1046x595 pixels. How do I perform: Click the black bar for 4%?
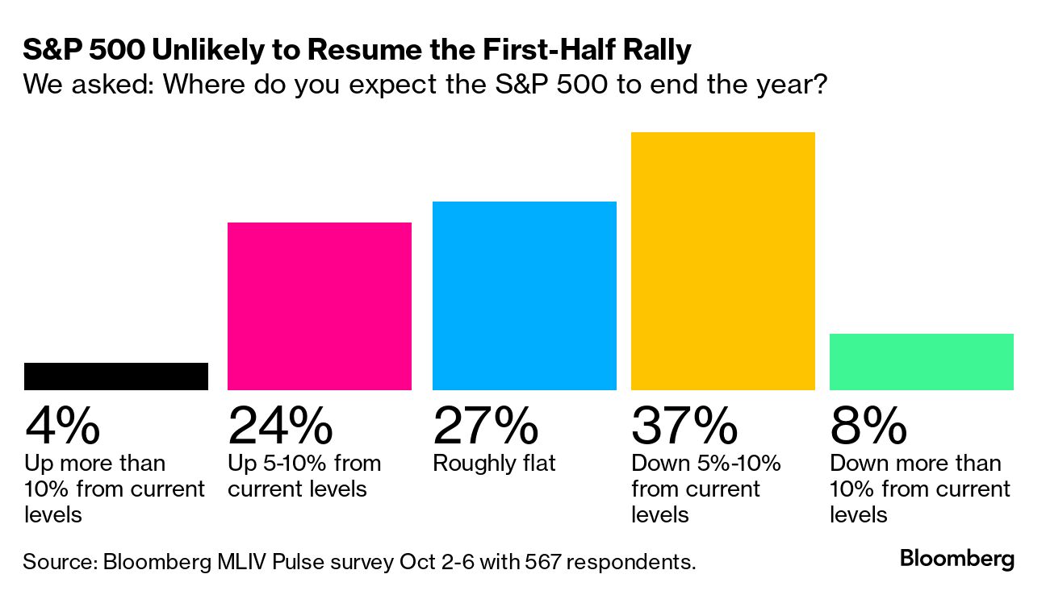pyautogui.click(x=116, y=377)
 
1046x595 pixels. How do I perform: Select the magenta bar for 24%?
pyautogui.click(x=320, y=306)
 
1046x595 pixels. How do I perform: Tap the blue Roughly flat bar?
pyautogui.click(x=525, y=296)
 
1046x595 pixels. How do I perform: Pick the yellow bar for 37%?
pyautogui.click(x=723, y=261)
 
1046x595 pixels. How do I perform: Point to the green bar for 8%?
pyautogui.click(x=922, y=362)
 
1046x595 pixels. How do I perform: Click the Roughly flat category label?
pyautogui.click(x=494, y=464)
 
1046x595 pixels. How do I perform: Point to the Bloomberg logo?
pyautogui.click(x=957, y=559)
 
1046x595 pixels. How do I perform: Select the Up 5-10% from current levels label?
pyautogui.click(x=304, y=476)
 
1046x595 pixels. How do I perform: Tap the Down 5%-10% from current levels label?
pyautogui.click(x=706, y=489)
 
